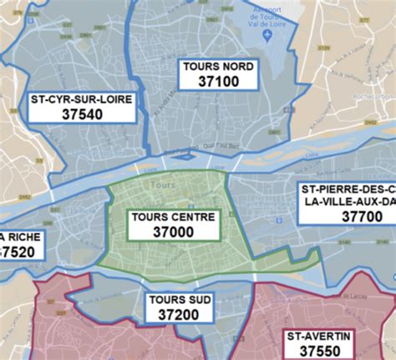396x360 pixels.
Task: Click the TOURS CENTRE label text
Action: tap(173, 216)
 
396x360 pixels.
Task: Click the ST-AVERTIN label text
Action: tap(320, 336)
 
